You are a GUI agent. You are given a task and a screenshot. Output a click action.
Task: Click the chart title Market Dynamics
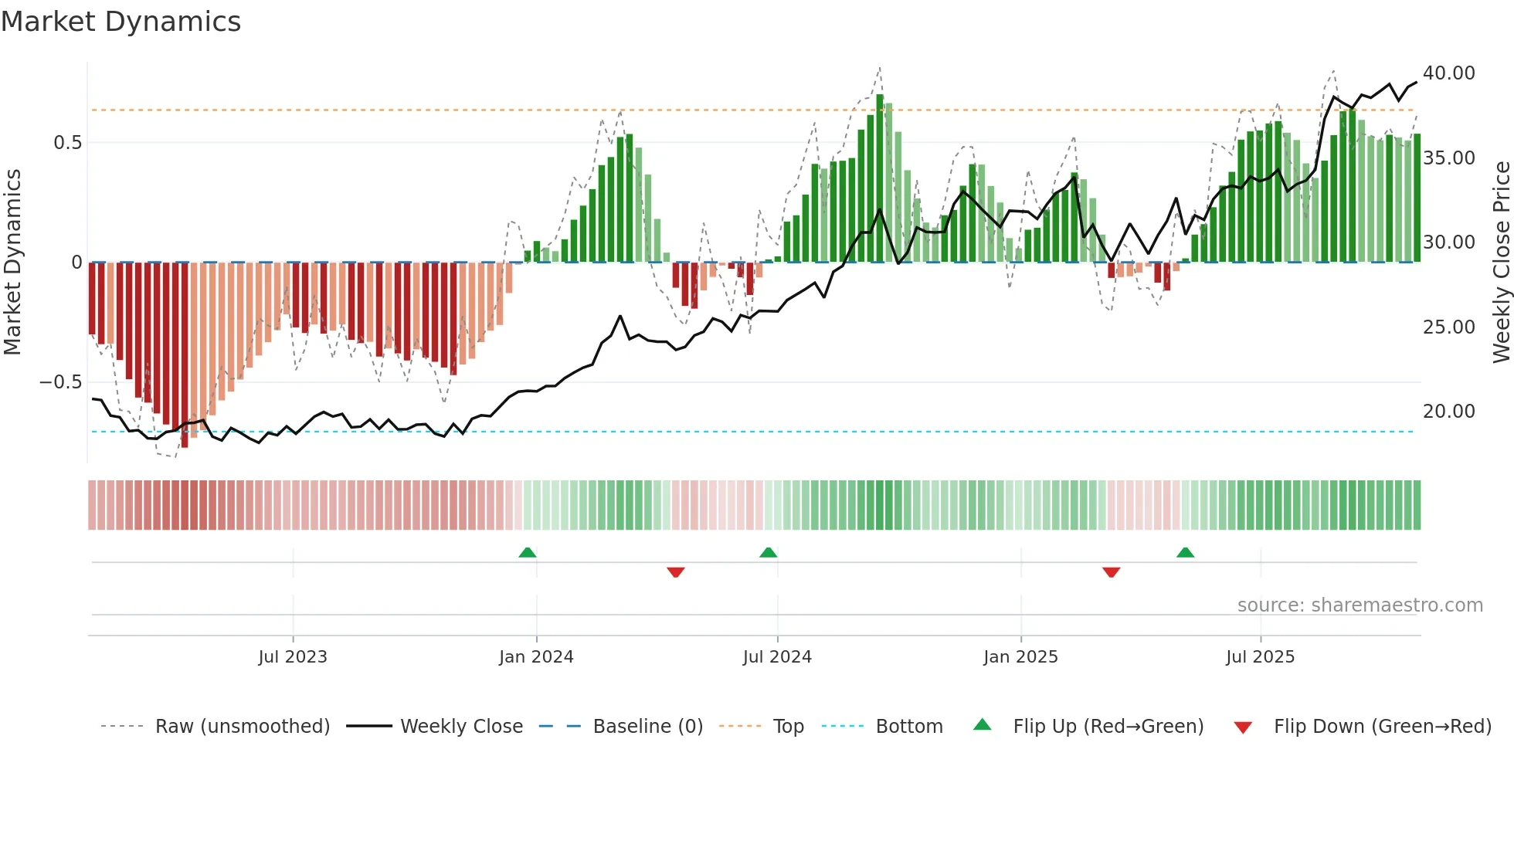[x=121, y=22]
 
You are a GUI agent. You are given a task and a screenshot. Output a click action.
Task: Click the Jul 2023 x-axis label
[x=293, y=656]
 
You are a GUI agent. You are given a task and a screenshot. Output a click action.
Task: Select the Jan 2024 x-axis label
[x=536, y=656]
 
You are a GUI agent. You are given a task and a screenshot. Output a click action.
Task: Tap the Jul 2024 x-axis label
[x=777, y=656]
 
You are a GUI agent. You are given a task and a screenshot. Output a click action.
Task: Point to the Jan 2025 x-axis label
[x=1020, y=656]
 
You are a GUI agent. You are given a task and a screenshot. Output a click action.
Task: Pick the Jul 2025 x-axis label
[x=1260, y=656]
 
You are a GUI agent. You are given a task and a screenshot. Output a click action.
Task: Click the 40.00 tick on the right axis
[x=1448, y=73]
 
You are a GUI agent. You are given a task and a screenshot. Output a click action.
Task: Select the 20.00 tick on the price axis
[x=1448, y=412]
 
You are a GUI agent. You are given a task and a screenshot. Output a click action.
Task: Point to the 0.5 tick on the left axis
[x=67, y=143]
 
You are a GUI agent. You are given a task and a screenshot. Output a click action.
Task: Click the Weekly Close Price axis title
[x=1501, y=262]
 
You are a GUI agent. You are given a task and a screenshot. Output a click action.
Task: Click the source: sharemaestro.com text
[x=1360, y=605]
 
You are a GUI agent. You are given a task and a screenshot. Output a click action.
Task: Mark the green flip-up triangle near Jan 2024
[x=528, y=553]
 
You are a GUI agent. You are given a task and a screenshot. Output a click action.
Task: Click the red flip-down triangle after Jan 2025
[x=1111, y=572]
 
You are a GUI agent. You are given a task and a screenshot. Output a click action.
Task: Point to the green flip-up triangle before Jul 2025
[x=1185, y=553]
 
